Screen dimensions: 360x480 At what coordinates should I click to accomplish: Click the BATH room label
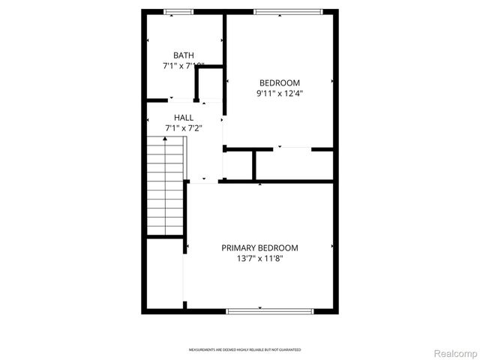coord(184,55)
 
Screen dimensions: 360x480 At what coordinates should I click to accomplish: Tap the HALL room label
coord(184,118)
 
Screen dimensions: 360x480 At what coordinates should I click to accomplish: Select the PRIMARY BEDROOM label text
coord(259,247)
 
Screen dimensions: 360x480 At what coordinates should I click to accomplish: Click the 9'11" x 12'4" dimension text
coord(280,94)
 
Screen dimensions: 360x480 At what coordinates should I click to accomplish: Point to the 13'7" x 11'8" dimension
coord(259,259)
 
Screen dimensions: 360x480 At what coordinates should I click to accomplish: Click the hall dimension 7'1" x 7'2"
coord(184,128)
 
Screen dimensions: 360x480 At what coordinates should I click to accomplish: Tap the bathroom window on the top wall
coord(178,11)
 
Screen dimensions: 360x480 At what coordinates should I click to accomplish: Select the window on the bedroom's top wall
coord(288,11)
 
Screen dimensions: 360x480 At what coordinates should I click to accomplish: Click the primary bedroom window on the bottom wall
coord(259,309)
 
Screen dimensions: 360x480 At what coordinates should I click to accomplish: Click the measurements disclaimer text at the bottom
coord(244,349)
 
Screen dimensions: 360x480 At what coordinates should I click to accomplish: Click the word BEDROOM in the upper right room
coord(280,82)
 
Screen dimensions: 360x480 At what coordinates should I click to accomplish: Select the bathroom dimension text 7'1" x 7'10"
coord(184,66)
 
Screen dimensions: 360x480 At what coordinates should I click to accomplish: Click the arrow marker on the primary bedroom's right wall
coord(332,245)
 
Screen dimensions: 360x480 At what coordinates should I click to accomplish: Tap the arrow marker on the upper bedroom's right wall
coord(332,79)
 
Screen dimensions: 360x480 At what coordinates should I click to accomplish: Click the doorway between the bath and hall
coord(171,100)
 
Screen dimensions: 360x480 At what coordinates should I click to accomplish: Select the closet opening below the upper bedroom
coord(292,149)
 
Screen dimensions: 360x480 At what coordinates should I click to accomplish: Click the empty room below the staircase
coord(165,274)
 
